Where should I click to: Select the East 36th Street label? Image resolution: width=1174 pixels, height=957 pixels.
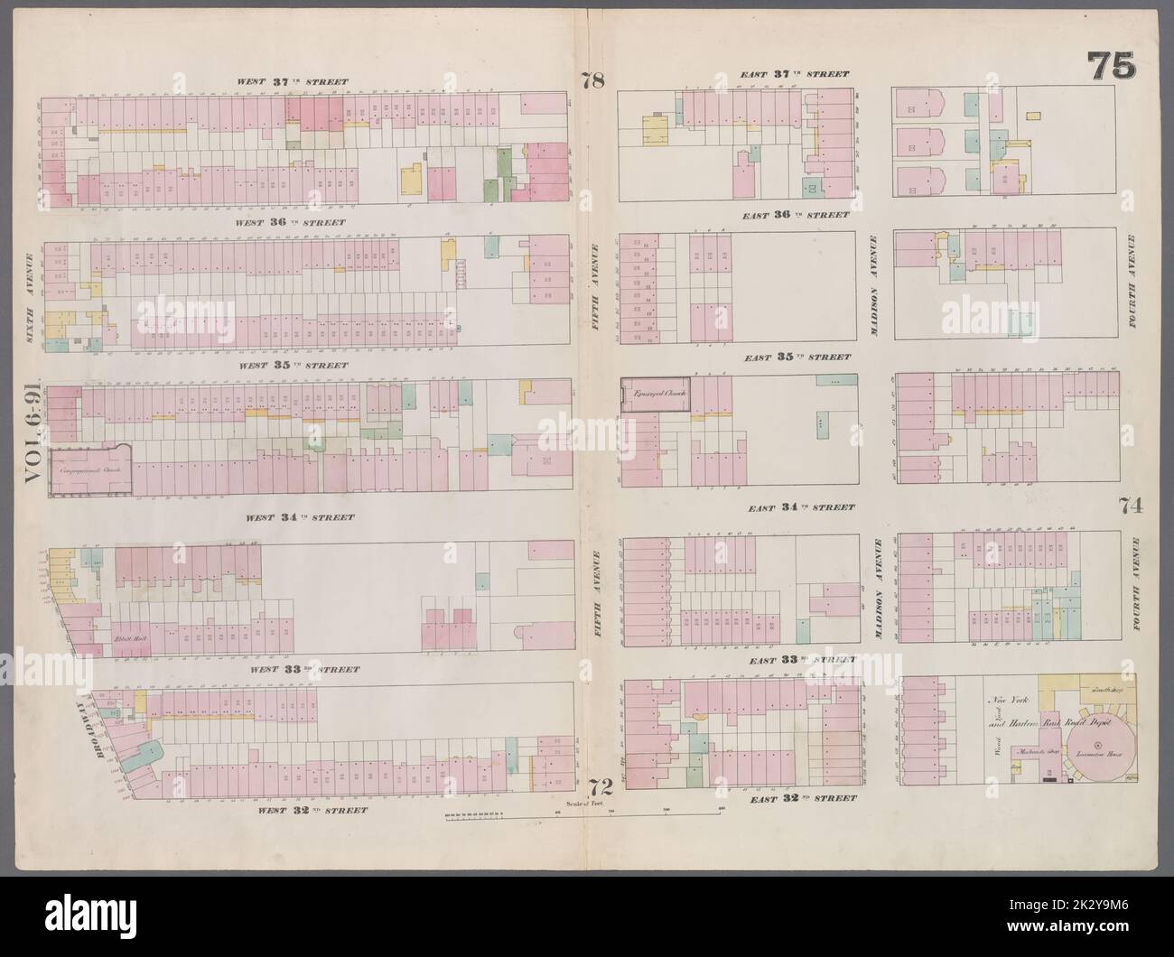point(796,215)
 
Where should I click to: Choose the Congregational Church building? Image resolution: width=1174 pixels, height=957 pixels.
point(89,470)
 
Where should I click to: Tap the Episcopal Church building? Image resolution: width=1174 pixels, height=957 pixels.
point(656,396)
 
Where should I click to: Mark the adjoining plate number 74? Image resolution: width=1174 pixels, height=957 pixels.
point(1132,506)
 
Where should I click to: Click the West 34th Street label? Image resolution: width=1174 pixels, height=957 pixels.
point(292,518)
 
